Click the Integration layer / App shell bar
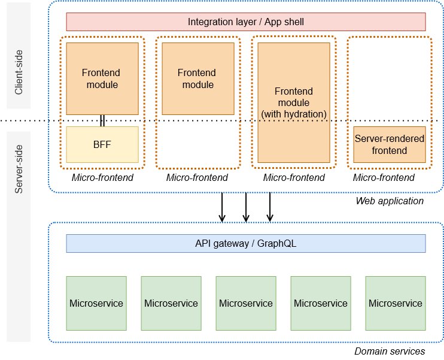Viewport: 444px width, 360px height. tap(245, 22)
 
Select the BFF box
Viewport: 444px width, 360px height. tap(102, 144)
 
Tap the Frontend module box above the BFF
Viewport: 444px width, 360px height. tap(102, 78)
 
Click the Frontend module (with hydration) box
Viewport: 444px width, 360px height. tap(294, 102)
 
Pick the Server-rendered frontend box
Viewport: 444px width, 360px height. tap(389, 144)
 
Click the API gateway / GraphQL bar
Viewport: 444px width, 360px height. tap(245, 243)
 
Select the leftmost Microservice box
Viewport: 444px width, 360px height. tap(96, 303)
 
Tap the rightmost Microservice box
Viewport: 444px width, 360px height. tap(395, 303)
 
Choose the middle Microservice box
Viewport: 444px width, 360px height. tap(245, 303)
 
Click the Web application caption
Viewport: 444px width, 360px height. tap(390, 201)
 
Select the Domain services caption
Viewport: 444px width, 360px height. tap(390, 351)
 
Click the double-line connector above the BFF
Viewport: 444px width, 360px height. tap(102, 120)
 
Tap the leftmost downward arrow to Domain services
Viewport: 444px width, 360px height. tap(222, 207)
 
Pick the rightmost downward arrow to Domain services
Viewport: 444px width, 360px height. tap(270, 207)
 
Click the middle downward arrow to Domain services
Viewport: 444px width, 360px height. tap(246, 207)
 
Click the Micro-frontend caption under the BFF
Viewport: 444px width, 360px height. tap(102, 178)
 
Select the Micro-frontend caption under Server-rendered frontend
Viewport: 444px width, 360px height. tap(384, 178)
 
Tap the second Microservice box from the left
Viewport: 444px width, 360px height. tap(171, 303)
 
